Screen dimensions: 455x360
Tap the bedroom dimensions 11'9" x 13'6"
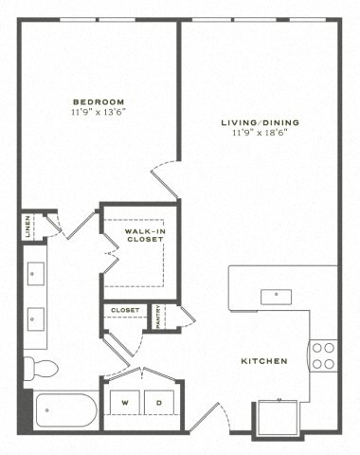click(98, 111)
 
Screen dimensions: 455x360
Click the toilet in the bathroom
click(41, 367)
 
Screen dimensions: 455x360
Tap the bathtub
click(64, 411)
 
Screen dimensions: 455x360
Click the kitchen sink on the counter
click(276, 294)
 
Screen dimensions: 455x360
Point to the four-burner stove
click(323, 355)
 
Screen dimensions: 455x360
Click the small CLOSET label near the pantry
click(124, 310)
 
